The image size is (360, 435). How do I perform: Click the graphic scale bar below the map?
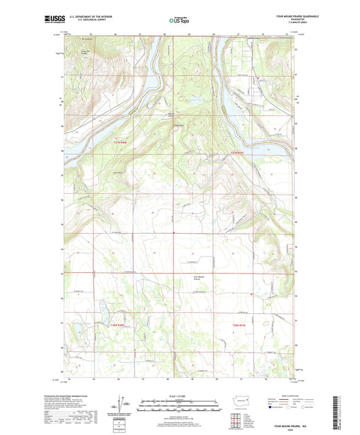[x=180, y=407]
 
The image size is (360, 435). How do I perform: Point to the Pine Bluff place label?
[x=118, y=173]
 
